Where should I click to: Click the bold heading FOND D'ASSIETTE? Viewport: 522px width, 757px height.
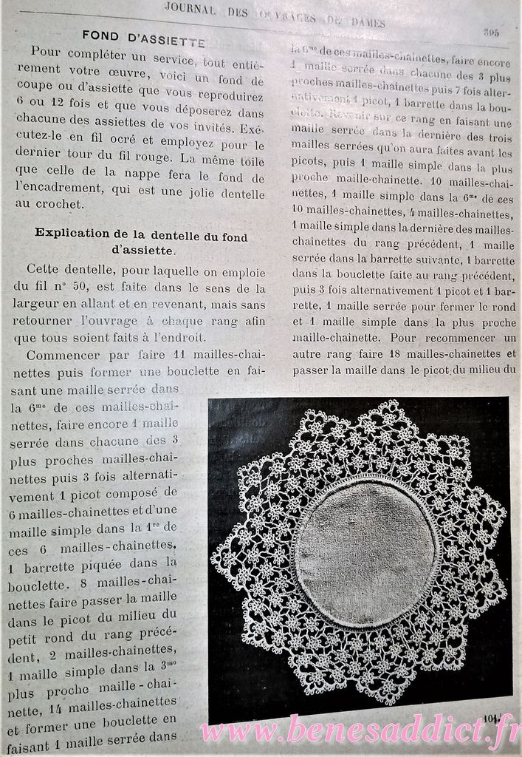(x=143, y=34)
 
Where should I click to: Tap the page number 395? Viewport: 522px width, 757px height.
(x=492, y=32)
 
